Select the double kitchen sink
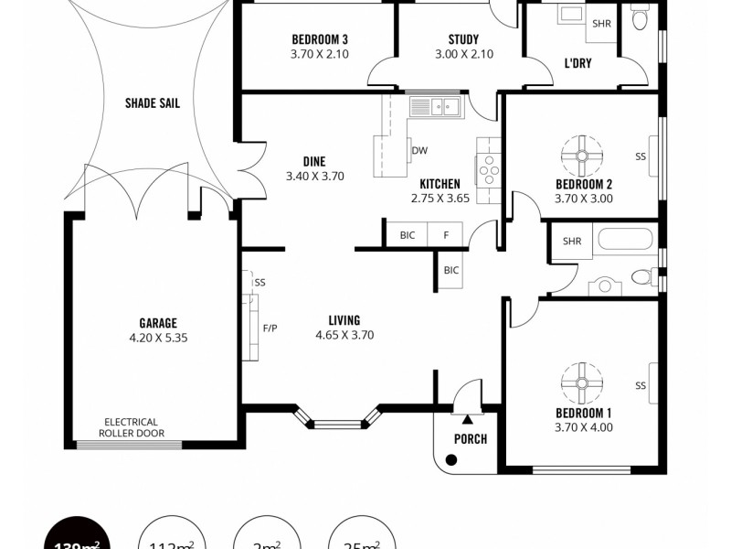436,107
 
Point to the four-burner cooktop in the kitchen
488,170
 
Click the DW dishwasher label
419,151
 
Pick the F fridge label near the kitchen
446,235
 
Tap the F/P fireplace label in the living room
270,328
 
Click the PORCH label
471,438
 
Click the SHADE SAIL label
152,103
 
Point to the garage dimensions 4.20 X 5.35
158,338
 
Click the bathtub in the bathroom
625,240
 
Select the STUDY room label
463,39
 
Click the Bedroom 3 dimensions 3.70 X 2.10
319,54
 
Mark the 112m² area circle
171,540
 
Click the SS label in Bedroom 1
641,386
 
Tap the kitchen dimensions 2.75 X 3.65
440,198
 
